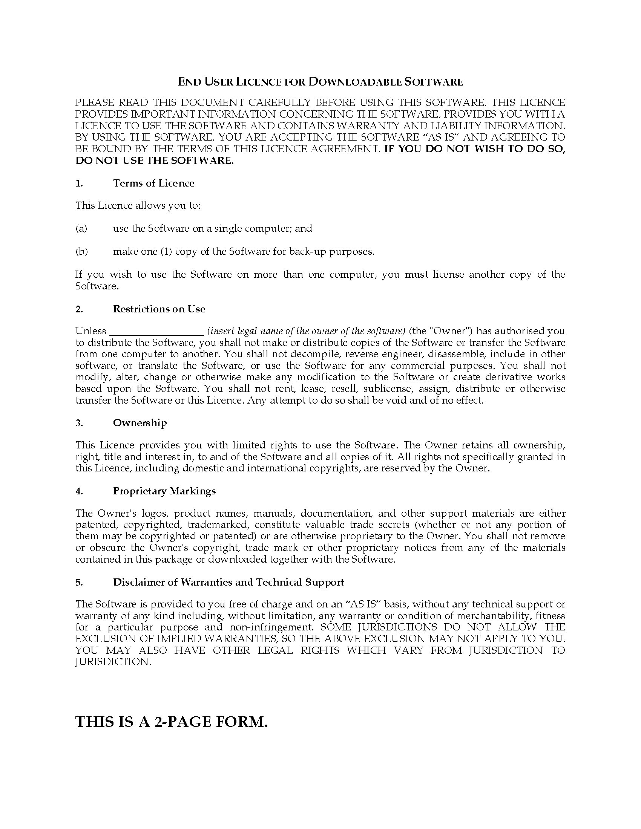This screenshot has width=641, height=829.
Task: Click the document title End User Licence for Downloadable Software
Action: coord(320,82)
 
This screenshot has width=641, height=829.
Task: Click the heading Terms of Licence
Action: coord(153,184)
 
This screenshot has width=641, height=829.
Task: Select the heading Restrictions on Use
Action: coord(159,309)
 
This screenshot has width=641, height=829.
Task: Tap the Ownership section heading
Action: coord(140,423)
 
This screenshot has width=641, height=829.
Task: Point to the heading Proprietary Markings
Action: coord(164,491)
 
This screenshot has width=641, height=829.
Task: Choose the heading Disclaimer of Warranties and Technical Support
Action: coord(228,582)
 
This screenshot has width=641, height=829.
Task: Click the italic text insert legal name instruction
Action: coord(306,331)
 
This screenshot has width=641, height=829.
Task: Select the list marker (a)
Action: coord(81,228)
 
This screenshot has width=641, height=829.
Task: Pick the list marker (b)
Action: coord(82,252)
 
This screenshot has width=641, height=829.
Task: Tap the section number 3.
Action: coord(79,423)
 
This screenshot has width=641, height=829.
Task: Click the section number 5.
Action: coord(79,582)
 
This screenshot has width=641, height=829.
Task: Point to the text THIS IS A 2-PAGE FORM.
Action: coord(172,722)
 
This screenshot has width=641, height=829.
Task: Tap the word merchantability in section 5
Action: coord(492,616)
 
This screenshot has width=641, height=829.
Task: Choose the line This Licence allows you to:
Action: coord(138,206)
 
